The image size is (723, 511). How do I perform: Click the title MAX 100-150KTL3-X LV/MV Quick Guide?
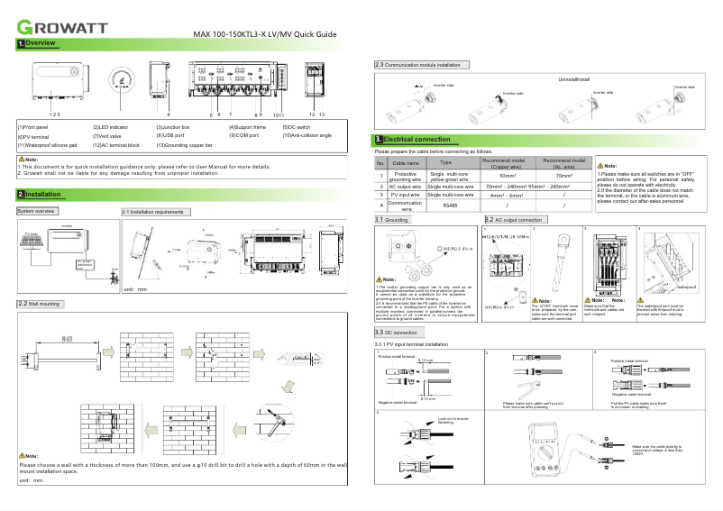pyautogui.click(x=265, y=34)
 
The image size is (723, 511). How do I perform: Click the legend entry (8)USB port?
pyautogui.click(x=177, y=135)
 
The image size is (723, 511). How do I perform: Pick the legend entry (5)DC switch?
pyautogui.click(x=303, y=127)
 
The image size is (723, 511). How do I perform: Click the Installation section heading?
pyautogui.click(x=39, y=195)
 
